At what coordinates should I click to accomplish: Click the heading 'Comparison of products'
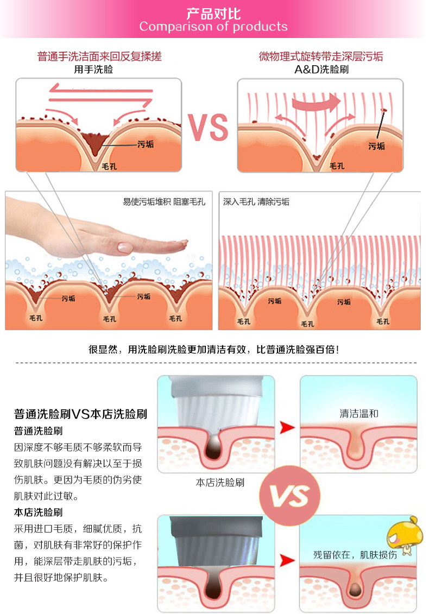[213, 27]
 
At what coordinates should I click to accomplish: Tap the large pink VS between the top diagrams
[209, 127]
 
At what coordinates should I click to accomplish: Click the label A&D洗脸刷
[321, 69]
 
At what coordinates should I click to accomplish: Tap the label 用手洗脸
[94, 69]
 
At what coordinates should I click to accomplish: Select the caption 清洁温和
[359, 414]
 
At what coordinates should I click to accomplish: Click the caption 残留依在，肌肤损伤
[355, 555]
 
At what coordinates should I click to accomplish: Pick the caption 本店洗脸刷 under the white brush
[220, 482]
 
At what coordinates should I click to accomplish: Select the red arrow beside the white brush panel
[287, 427]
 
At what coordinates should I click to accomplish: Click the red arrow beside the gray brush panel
[287, 560]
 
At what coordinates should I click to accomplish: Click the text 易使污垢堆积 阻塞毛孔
[164, 202]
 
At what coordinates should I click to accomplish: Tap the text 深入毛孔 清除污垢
[256, 202]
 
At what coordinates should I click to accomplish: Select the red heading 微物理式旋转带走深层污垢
[321, 56]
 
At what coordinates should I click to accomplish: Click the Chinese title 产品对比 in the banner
[213, 13]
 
